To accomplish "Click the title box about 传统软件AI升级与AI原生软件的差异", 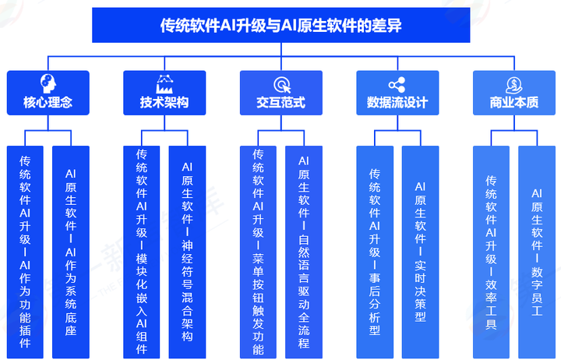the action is pos(280,26).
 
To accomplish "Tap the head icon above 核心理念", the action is pos(48,83).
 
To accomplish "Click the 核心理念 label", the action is pos(48,102).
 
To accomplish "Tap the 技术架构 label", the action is pos(164,102).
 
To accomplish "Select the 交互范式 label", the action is pos(280,102).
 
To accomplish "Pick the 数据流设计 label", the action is pos(397,102).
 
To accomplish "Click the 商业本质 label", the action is pos(513,102).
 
